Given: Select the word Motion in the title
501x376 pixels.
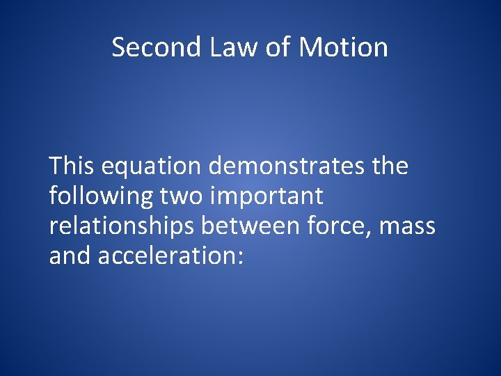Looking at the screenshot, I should click(x=343, y=47).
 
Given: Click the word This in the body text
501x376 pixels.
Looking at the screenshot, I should click(x=72, y=166).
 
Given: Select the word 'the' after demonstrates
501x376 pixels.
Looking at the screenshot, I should click(x=390, y=166).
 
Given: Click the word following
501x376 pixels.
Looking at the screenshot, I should click(x=101, y=197).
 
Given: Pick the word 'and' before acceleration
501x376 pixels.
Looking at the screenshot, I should click(x=70, y=256).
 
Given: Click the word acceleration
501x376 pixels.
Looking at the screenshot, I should click(x=167, y=256).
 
